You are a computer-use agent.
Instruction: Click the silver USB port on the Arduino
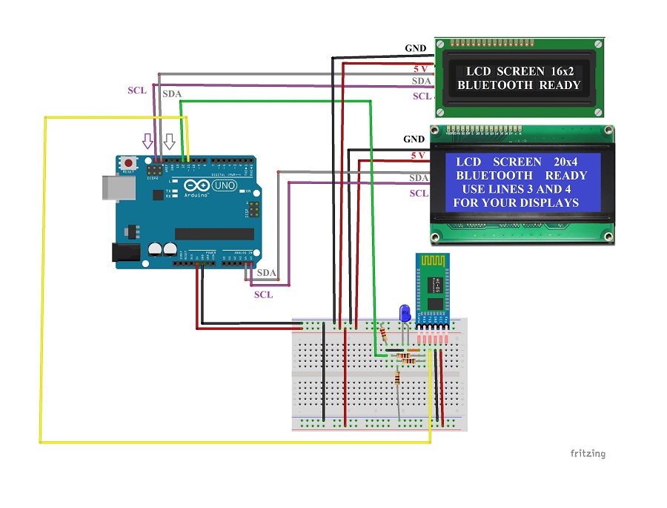pyautogui.click(x=111, y=188)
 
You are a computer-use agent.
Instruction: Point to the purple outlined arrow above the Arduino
pyautogui.click(x=147, y=142)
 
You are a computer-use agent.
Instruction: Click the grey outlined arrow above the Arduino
pyautogui.click(x=170, y=142)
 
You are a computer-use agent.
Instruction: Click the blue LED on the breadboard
pyautogui.click(x=404, y=312)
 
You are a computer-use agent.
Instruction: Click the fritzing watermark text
pyautogui.click(x=587, y=453)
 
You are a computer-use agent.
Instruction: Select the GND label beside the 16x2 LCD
pyautogui.click(x=415, y=49)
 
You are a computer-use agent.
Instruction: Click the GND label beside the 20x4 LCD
pyautogui.click(x=414, y=139)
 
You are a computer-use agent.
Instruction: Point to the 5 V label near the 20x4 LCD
pyautogui.click(x=418, y=156)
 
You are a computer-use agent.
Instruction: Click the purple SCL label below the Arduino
pyautogui.click(x=263, y=294)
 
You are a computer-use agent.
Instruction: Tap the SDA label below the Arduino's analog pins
pyautogui.click(x=266, y=274)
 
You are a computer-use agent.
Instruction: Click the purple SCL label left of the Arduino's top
pyautogui.click(x=136, y=90)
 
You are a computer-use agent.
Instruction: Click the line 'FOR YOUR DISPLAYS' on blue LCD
pyautogui.click(x=515, y=202)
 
